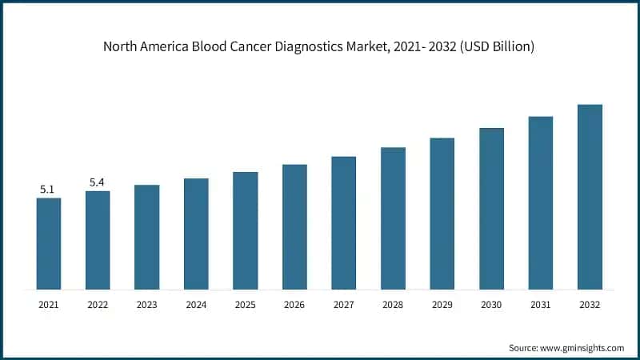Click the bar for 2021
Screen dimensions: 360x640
pos(49,243)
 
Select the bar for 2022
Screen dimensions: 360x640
pos(98,240)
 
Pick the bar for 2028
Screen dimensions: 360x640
pos(393,218)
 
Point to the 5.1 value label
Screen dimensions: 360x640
pos(47,190)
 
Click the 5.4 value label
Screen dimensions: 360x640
pos(97,182)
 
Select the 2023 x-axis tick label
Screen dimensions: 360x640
pos(147,304)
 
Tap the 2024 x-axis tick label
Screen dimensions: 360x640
pos(196,304)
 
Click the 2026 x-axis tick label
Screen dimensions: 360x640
pos(294,304)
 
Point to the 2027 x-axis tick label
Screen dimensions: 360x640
pos(344,304)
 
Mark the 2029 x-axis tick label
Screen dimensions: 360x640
pos(442,304)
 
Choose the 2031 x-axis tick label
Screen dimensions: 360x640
pos(541,304)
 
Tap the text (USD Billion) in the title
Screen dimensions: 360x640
pos(494,47)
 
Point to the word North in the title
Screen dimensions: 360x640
pos(121,47)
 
